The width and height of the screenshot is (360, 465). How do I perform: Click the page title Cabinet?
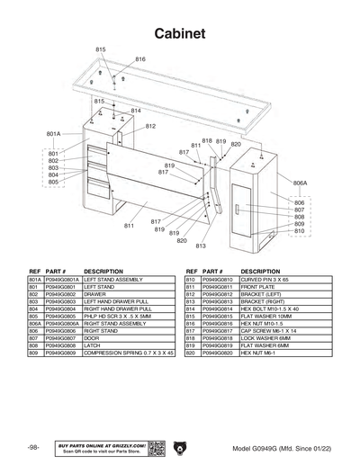[180, 32]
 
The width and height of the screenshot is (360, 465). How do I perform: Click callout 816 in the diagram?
[139, 58]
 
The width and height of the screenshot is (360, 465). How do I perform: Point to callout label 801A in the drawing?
[53, 134]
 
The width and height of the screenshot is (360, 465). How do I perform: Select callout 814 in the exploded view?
[136, 111]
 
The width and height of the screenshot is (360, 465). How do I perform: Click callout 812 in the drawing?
[150, 126]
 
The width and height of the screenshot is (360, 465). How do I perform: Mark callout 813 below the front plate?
[201, 246]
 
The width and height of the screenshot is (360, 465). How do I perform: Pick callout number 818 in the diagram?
[207, 141]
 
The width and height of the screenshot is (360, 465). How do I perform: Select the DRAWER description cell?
[95, 294]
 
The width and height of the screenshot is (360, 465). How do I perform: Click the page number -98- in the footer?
[32, 446]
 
